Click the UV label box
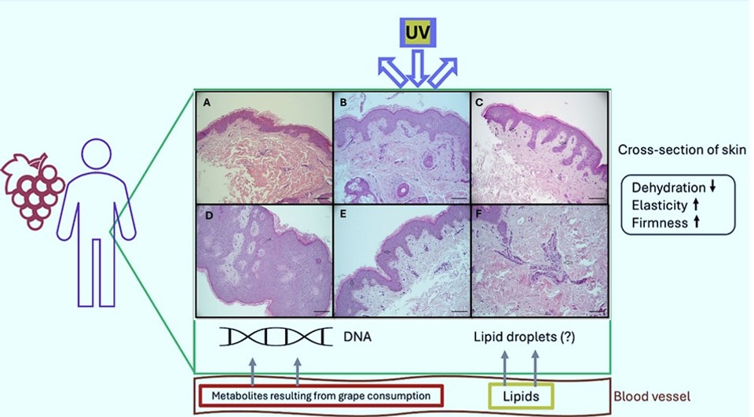(418, 32)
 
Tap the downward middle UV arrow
(417, 68)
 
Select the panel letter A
(207, 102)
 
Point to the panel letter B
(343, 102)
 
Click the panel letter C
(479, 102)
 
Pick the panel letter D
(209, 216)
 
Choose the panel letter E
(343, 214)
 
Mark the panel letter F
(479, 214)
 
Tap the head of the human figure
(96, 154)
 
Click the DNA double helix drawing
(276, 336)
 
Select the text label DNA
(357, 337)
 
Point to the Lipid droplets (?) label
(524, 337)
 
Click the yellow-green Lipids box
(521, 397)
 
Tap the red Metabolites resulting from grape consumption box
(320, 396)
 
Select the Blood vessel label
(652, 397)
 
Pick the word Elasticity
(659, 205)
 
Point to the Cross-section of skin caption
(682, 149)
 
